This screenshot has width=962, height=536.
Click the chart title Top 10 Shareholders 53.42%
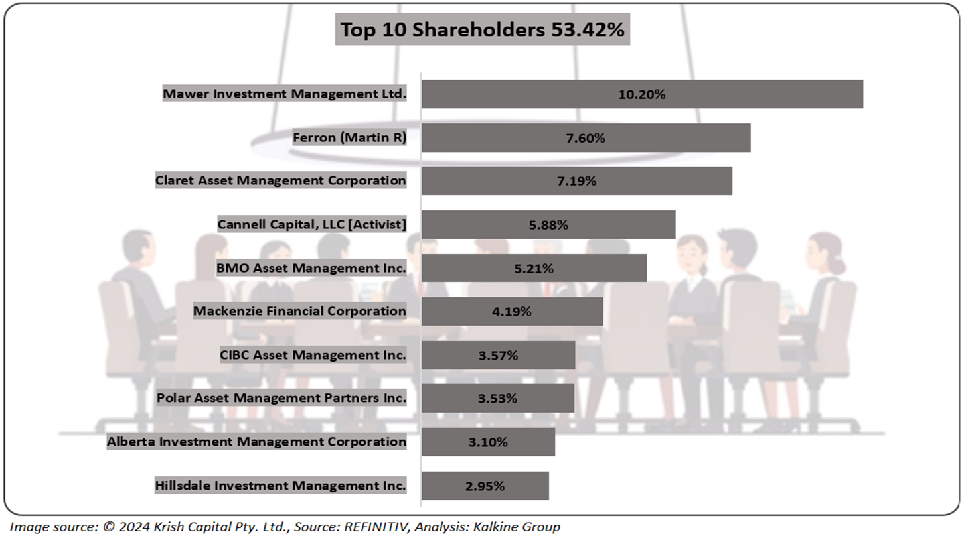tap(482, 31)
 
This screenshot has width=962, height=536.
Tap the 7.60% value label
tap(586, 138)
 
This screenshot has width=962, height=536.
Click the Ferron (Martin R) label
tap(349, 138)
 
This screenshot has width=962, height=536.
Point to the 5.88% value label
tap(548, 225)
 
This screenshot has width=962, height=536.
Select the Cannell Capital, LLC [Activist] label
tap(311, 225)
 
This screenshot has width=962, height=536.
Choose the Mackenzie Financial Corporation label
tap(299, 311)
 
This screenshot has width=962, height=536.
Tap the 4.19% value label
tap(512, 311)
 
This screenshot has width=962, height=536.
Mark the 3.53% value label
tap(497, 399)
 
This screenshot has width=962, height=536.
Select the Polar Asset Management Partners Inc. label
tap(281, 399)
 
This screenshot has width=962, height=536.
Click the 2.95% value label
tap(485, 486)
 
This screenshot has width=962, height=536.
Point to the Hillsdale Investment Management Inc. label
tap(280, 486)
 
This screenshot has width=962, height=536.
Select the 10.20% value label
tap(641, 94)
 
